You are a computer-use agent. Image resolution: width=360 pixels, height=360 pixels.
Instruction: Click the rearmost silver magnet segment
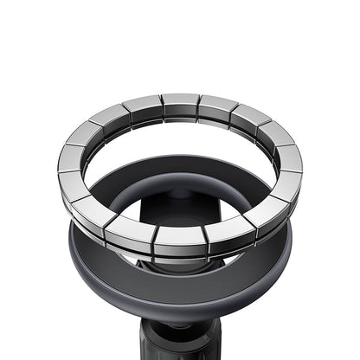pyautogui.click(x=180, y=105)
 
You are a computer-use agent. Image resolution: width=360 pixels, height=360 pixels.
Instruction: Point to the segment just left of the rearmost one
pyautogui.click(x=142, y=107)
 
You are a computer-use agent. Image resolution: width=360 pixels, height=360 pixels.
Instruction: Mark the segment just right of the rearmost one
pyautogui.click(x=217, y=107)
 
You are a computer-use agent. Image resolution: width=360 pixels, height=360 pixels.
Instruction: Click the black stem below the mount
pyautogui.click(x=180, y=342)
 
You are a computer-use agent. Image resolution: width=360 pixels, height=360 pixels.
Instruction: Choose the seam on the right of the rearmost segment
pyautogui.click(x=199, y=105)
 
